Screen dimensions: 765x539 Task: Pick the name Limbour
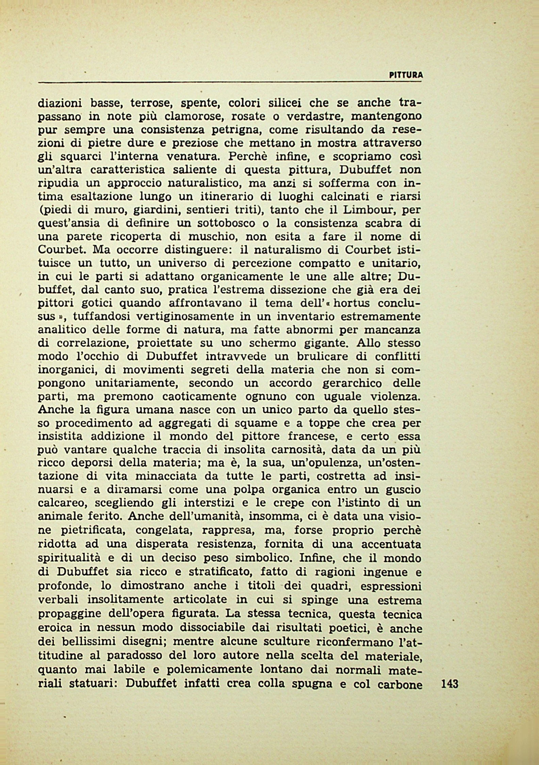point(368,210)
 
